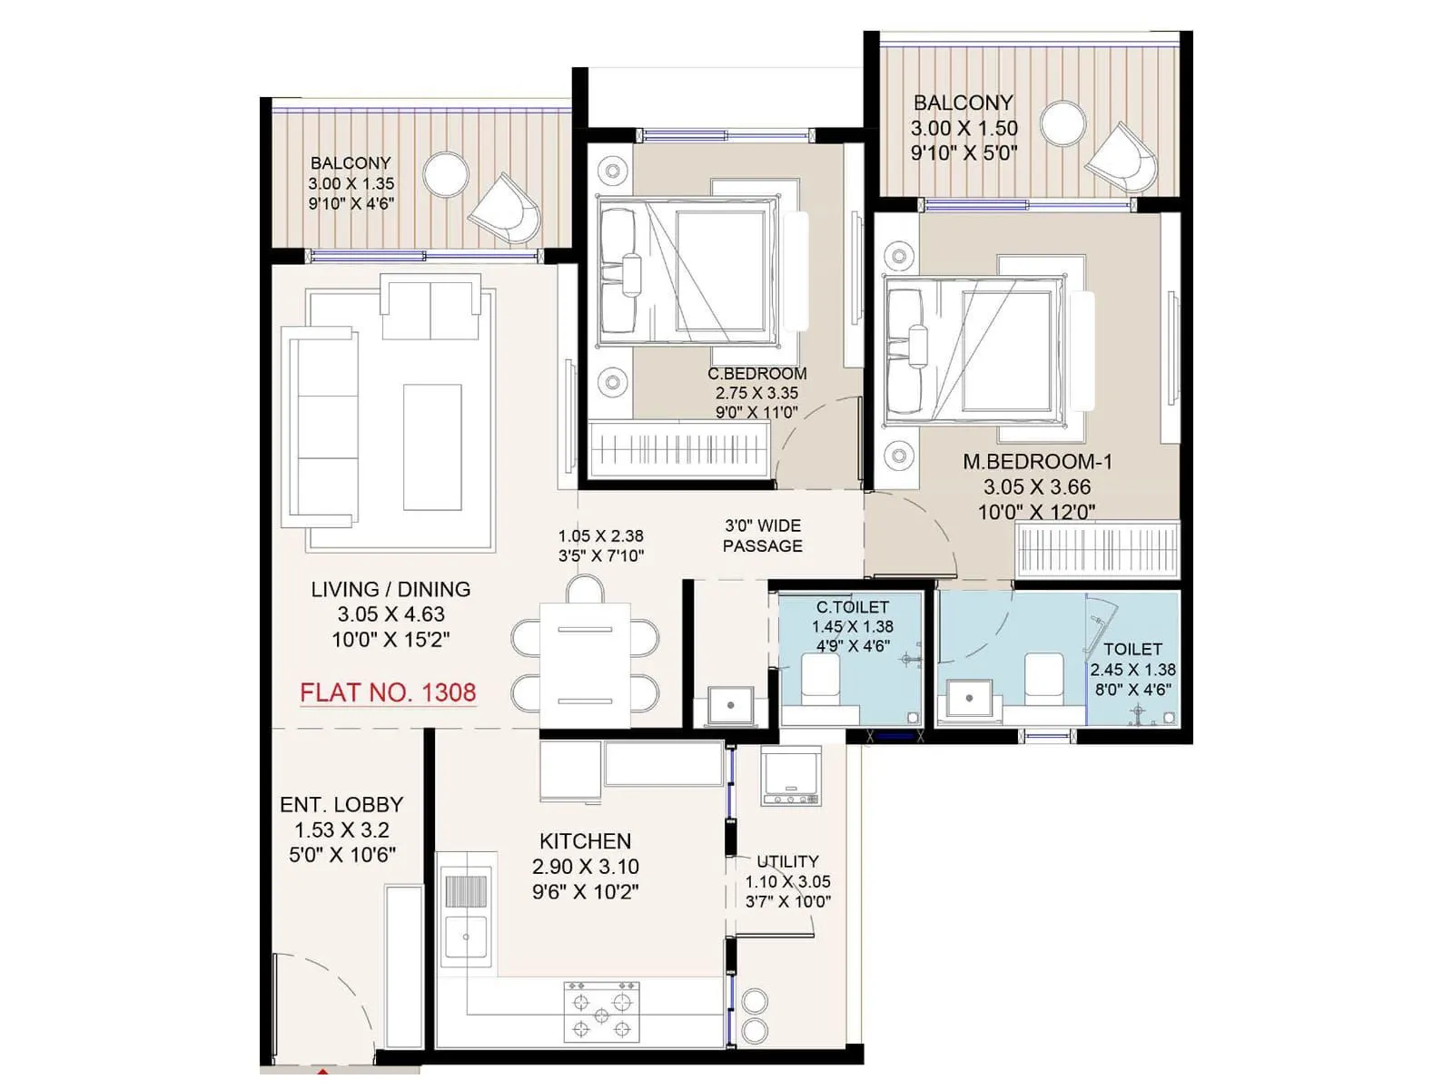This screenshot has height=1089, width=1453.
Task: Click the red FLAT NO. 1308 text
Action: pos(388,692)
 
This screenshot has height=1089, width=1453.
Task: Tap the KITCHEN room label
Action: pos(585,841)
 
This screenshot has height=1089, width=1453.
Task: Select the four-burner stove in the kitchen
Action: pos(601,1011)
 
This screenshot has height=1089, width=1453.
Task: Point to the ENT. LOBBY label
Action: pos(341,805)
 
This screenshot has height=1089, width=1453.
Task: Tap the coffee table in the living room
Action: pos(432,446)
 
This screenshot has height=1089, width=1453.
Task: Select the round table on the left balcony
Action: pos(445,173)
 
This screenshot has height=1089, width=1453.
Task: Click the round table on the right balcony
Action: pos(1063,124)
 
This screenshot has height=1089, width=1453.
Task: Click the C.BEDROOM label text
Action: pos(757,374)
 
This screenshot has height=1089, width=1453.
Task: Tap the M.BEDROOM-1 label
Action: pos(1037,462)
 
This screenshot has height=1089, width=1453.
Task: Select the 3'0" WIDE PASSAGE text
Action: pos(763,535)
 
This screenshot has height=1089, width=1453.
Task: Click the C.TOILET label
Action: pos(852,607)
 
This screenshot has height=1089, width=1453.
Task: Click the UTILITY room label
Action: pos(787,861)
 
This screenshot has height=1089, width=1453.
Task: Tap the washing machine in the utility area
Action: pos(791,777)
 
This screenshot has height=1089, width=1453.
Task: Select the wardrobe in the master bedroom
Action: pos(1097,550)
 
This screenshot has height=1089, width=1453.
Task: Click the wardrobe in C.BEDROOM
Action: pos(679,449)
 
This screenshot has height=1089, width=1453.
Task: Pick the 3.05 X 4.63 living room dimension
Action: pos(391,614)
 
